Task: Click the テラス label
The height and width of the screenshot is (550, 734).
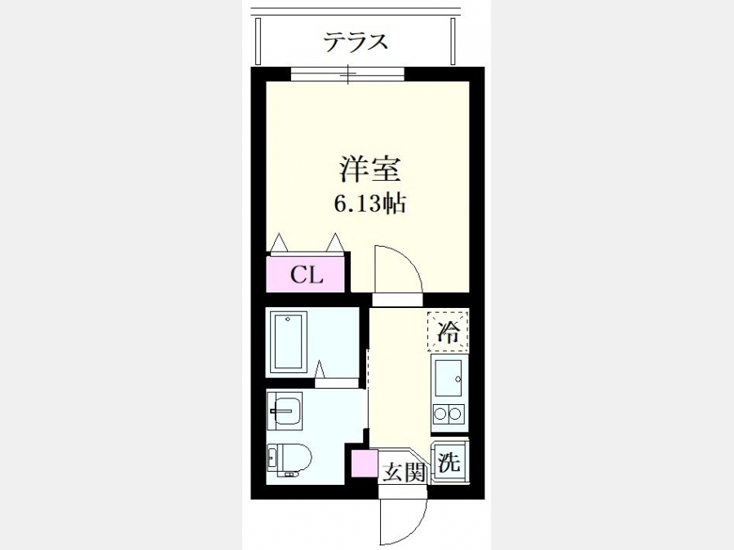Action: pyautogui.click(x=356, y=42)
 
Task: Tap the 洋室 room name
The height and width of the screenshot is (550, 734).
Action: pyautogui.click(x=369, y=169)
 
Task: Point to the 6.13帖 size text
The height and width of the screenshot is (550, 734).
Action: pyautogui.click(x=369, y=204)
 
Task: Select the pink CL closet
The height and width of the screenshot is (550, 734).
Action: pyautogui.click(x=306, y=275)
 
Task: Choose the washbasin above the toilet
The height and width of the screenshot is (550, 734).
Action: pyautogui.click(x=285, y=411)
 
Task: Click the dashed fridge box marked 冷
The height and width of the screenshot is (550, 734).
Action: pyautogui.click(x=448, y=331)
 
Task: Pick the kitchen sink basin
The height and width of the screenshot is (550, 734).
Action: pyautogui.click(x=448, y=379)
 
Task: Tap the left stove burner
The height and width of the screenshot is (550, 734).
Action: pyautogui.click(x=440, y=413)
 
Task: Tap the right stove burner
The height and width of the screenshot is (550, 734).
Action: pyautogui.click(x=455, y=413)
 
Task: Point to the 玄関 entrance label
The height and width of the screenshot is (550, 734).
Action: pyautogui.click(x=404, y=473)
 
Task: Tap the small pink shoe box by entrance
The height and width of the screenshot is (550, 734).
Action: pyautogui.click(x=365, y=463)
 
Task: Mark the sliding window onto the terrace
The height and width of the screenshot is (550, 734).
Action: pyautogui.click(x=347, y=74)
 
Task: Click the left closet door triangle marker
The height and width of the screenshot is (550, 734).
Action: pyautogui.click(x=279, y=242)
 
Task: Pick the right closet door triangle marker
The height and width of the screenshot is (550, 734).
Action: pyautogui.click(x=334, y=242)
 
